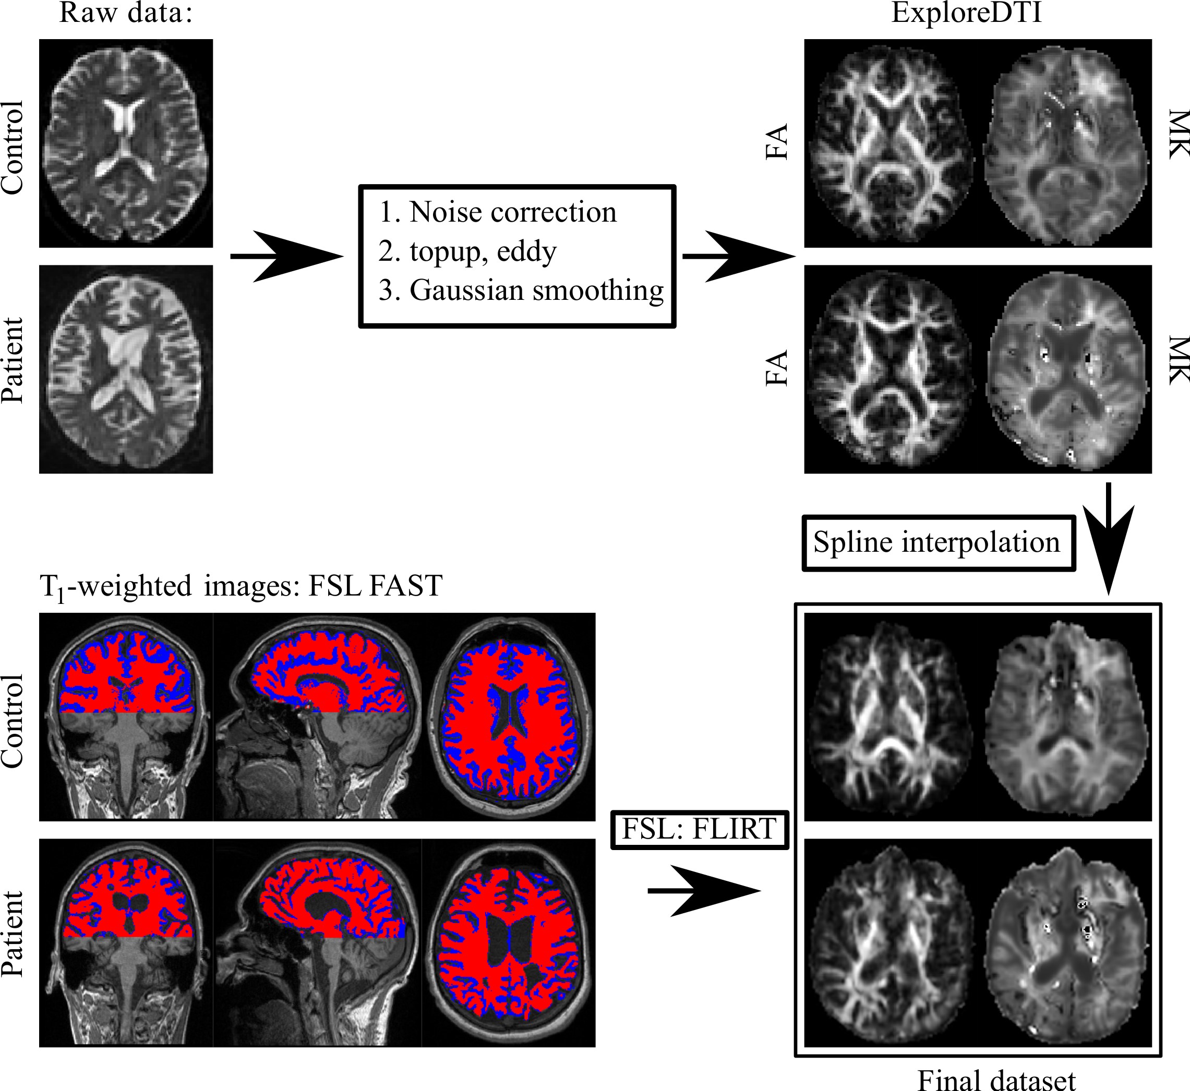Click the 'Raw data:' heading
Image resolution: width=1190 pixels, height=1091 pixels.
126,13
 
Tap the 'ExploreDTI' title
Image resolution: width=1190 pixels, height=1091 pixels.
966,13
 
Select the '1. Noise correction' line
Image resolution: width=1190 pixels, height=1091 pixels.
497,212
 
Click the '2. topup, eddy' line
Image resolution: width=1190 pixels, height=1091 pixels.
467,251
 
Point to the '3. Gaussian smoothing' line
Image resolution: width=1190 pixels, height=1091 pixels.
521,290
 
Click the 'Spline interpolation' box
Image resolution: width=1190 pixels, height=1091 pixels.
938,542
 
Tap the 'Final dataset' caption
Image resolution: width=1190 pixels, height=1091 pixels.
996,1078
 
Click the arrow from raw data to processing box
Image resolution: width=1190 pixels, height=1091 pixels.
286,256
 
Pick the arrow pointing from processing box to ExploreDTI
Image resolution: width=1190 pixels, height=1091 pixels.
738,256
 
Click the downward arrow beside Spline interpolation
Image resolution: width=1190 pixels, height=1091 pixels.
1109,537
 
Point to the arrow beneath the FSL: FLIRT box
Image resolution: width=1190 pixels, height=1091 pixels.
703,890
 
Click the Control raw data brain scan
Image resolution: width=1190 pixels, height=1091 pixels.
126,143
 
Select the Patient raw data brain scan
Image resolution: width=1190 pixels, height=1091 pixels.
126,369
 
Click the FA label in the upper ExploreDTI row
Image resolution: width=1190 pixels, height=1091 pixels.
777,142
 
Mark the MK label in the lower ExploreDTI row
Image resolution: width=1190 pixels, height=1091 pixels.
1178,360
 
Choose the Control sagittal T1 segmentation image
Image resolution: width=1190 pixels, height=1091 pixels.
317,717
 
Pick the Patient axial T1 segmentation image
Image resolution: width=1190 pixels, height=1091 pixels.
509,942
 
